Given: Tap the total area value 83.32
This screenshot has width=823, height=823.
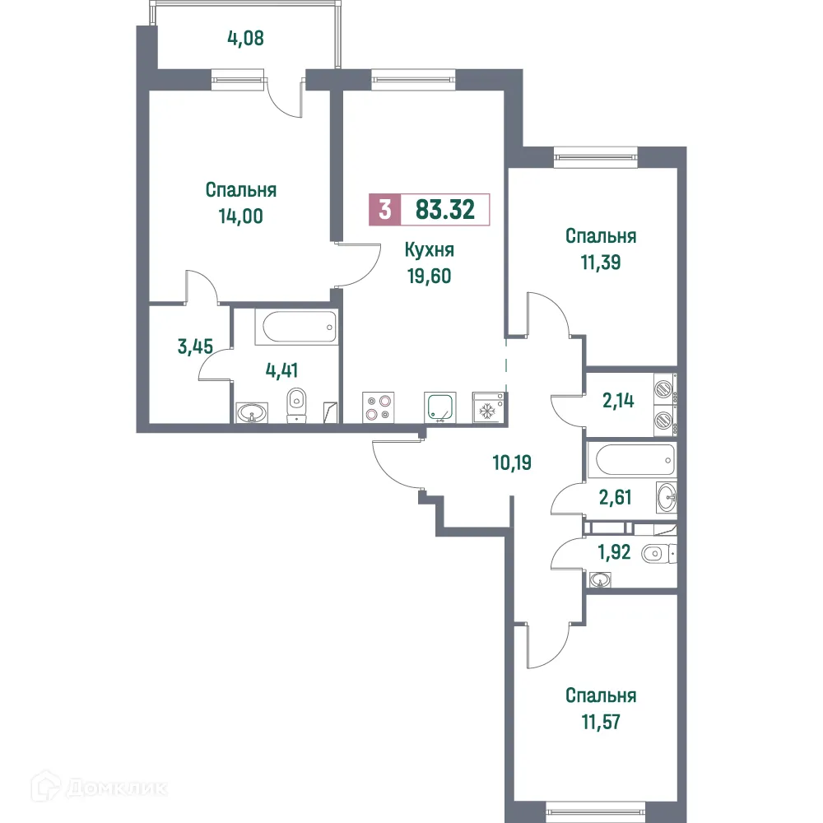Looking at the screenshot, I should click(x=444, y=210).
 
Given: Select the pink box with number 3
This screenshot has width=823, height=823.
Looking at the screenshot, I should click(x=384, y=210).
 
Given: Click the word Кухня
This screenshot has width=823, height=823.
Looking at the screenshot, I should click(x=430, y=250).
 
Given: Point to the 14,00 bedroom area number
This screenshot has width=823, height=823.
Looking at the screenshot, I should click(x=240, y=216).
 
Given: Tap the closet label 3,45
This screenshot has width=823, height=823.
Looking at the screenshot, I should click(x=195, y=346).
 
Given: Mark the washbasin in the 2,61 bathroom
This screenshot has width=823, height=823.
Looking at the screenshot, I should click(x=667, y=496).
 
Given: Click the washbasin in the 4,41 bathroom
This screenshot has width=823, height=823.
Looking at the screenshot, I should click(x=253, y=411).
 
